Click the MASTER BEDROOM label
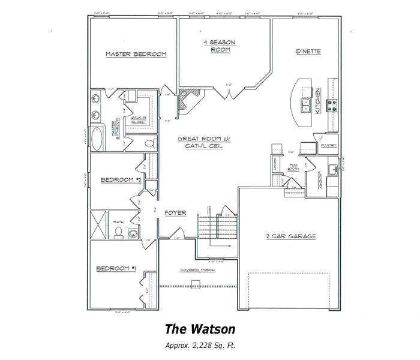[x=136, y=54]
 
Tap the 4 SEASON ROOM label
[x=220, y=46]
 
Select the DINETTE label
[x=308, y=52]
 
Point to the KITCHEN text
[x=318, y=96]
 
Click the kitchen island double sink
[x=307, y=106]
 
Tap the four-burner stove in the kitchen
[x=331, y=106]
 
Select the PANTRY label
[x=328, y=145]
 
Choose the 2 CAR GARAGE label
[x=291, y=236]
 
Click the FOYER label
[x=175, y=213]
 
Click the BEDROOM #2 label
[x=121, y=179]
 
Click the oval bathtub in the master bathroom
[x=97, y=139]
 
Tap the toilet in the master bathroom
[x=151, y=143]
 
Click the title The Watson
[x=200, y=329]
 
